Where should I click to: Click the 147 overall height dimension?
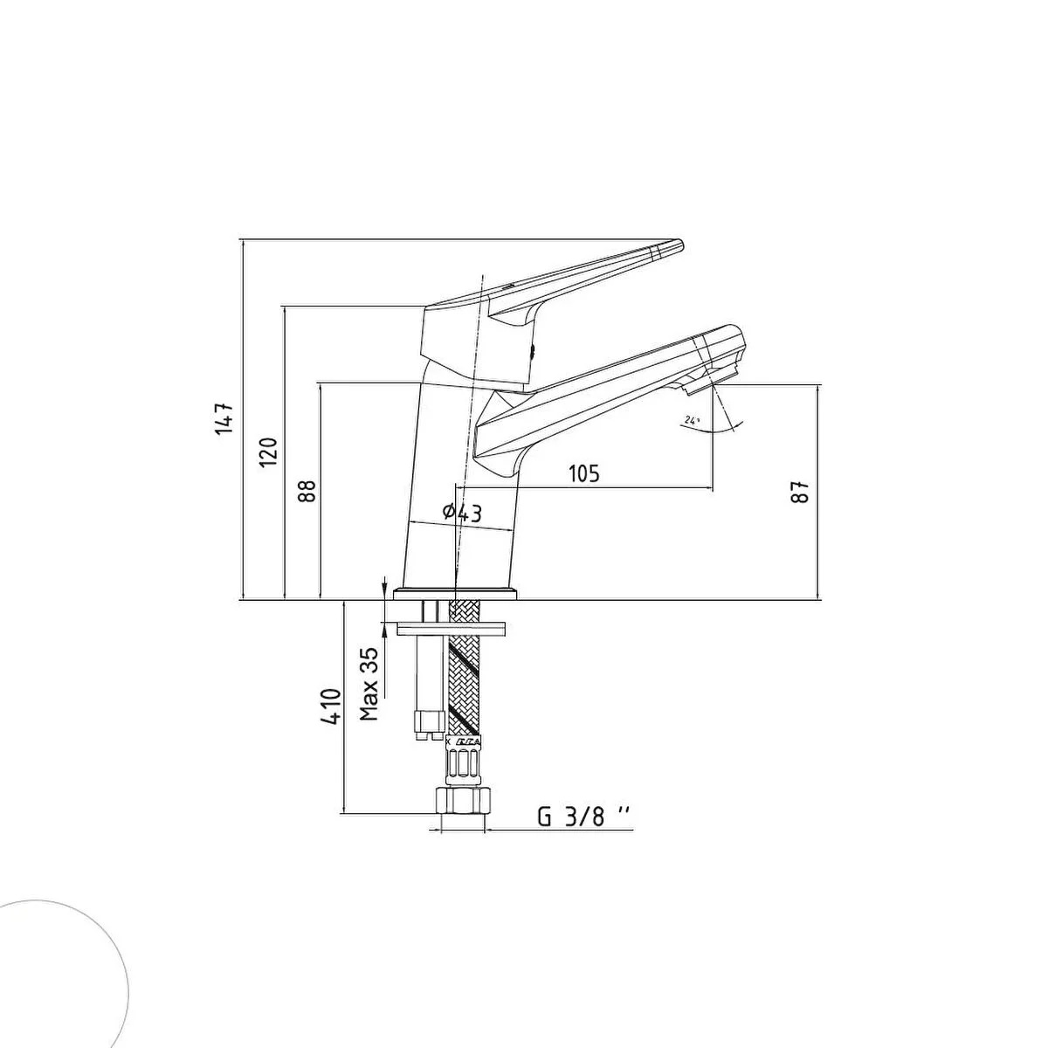tap(224, 418)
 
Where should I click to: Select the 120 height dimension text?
tap(268, 452)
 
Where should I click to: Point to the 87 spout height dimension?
tap(800, 492)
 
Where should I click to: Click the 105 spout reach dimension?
tap(583, 473)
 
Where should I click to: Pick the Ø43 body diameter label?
tap(462, 513)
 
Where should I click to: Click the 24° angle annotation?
tap(693, 420)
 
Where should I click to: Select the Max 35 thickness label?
tap(369, 684)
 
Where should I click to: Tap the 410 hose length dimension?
tap(331, 706)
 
